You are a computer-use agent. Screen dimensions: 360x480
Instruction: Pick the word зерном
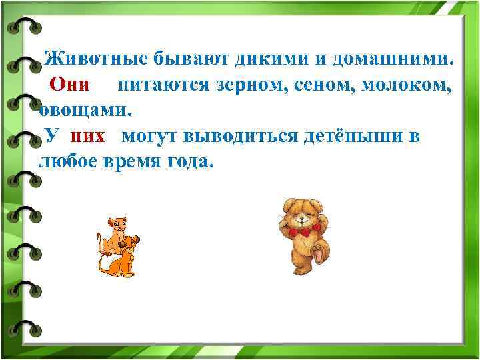250,85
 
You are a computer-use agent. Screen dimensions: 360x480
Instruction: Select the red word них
87,136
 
